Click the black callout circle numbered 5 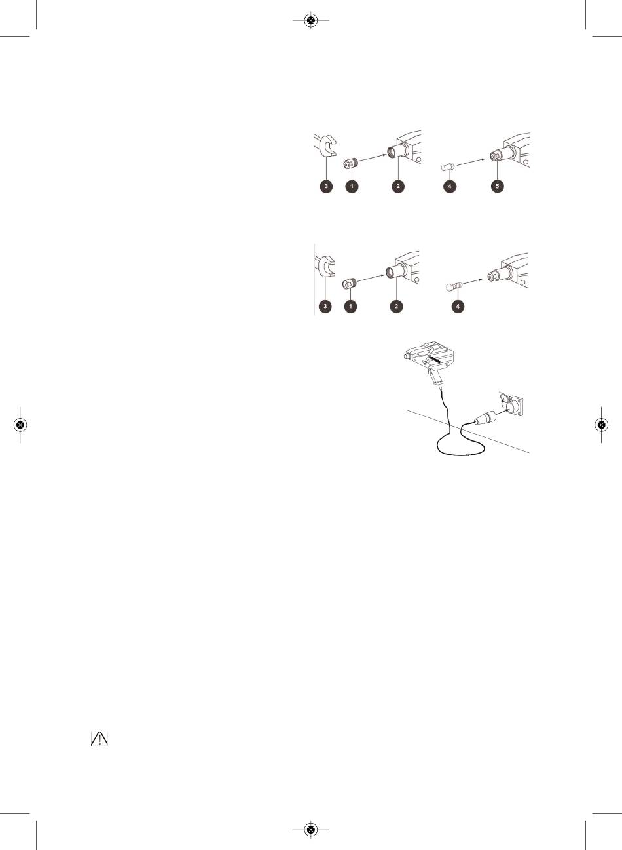click(x=498, y=186)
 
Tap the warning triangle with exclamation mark click(x=100, y=739)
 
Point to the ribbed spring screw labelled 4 click(x=454, y=286)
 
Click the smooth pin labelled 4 click(x=448, y=167)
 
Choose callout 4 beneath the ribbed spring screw click(x=458, y=306)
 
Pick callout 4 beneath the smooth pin click(x=450, y=186)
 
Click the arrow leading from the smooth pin click(x=471, y=162)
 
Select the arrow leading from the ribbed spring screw click(x=473, y=282)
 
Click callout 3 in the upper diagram click(x=326, y=186)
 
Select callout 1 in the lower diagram click(x=350, y=306)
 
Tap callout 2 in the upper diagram click(x=398, y=186)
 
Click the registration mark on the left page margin click(x=20, y=425)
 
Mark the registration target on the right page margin click(x=601, y=425)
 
